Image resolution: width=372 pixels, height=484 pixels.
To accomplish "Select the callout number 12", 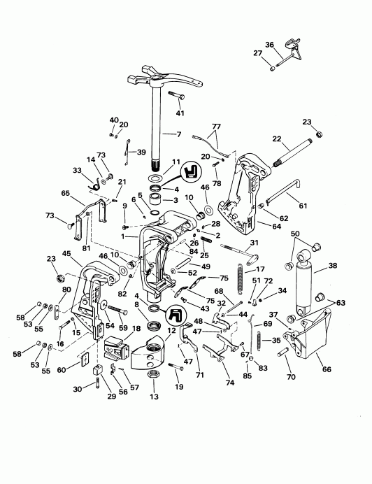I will [171, 330].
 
